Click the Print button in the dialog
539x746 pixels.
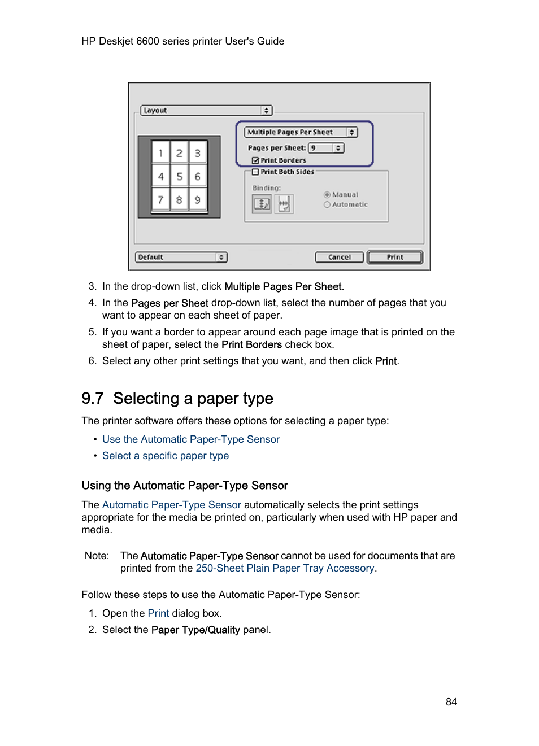(395, 258)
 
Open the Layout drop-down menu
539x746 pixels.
(206, 111)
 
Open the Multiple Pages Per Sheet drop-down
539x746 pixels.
(301, 132)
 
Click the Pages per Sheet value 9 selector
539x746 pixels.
(326, 148)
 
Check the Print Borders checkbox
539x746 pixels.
(255, 160)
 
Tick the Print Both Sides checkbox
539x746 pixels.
(255, 172)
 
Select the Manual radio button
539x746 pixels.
(327, 195)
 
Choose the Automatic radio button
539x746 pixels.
(327, 205)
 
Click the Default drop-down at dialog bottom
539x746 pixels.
(181, 258)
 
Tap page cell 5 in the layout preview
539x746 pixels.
(179, 177)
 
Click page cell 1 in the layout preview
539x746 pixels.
(160, 153)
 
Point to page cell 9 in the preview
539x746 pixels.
(198, 200)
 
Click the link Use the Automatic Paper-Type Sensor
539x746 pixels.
(191, 439)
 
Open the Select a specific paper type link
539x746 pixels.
(166, 456)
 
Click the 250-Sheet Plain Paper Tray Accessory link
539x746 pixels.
(285, 568)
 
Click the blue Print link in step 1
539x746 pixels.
(158, 613)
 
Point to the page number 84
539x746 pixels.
(451, 702)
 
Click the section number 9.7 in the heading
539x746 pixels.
(93, 399)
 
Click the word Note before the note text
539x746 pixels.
(96, 556)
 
